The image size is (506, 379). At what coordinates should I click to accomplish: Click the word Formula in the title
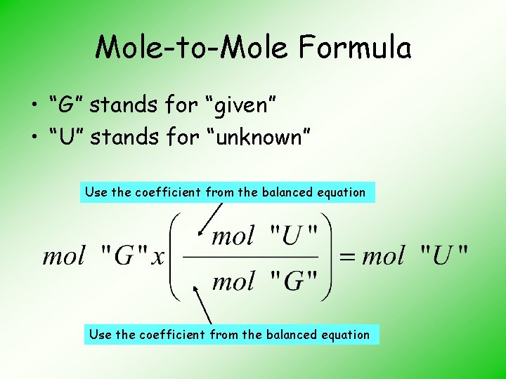(354, 48)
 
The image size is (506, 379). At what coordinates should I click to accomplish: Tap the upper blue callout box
(227, 192)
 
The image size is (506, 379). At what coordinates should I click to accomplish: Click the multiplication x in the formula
(158, 256)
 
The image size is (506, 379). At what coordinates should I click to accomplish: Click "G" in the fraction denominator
(294, 281)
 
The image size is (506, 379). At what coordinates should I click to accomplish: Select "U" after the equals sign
(443, 255)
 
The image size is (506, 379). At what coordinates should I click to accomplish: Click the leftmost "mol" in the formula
(64, 255)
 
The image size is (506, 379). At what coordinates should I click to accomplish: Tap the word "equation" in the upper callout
(342, 192)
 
